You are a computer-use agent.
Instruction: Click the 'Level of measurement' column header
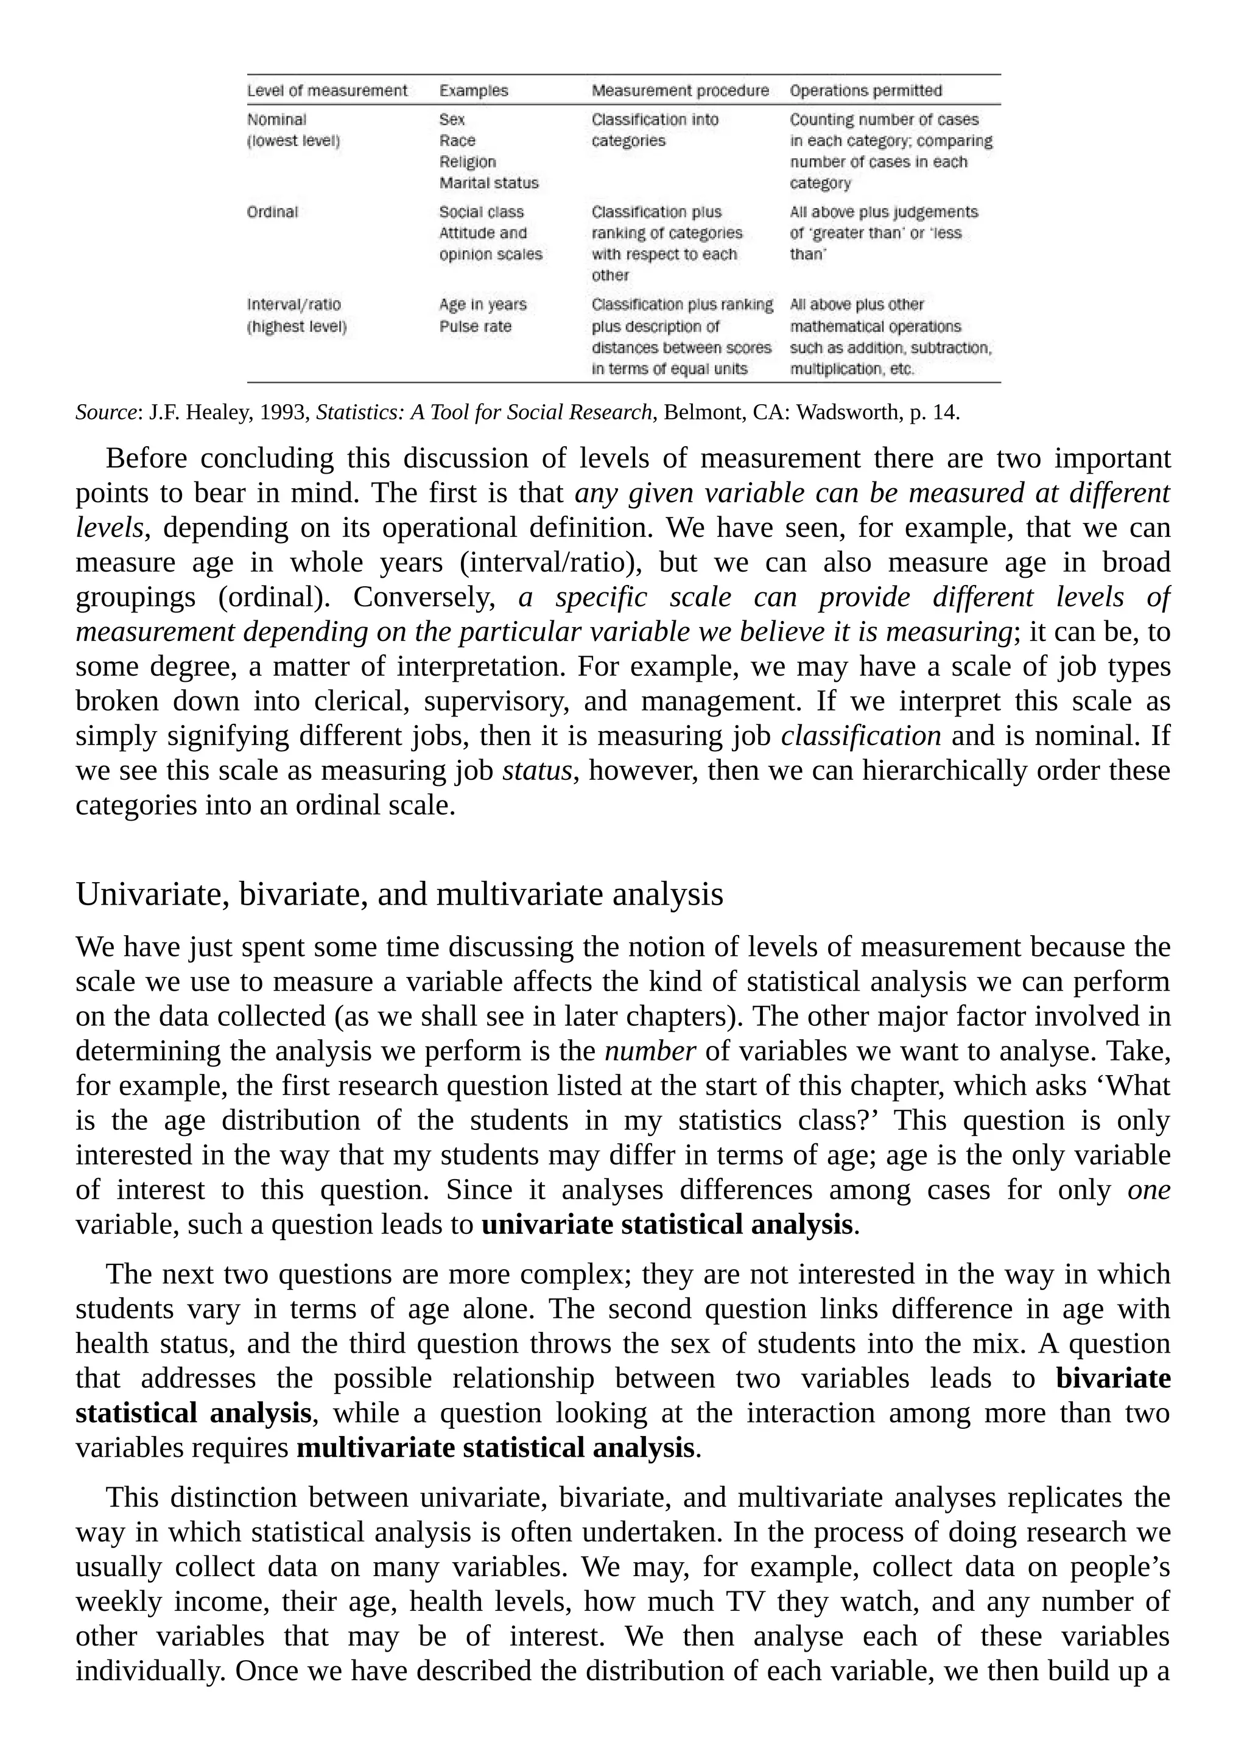(327, 91)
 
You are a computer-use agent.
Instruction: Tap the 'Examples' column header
(473, 91)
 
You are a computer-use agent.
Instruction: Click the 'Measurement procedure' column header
(680, 91)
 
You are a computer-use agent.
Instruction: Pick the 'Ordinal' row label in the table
(272, 212)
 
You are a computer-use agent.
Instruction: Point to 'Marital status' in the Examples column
(488, 183)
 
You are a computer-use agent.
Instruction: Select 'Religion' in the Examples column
(467, 162)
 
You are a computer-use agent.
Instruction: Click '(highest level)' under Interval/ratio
(297, 327)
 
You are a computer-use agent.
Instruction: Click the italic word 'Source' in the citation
(105, 412)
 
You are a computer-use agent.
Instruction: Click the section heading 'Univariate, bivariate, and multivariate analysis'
(399, 894)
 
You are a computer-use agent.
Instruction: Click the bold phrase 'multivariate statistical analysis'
(495, 1448)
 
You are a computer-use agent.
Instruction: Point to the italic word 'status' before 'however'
(536, 770)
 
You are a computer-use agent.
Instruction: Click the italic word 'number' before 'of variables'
(650, 1050)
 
